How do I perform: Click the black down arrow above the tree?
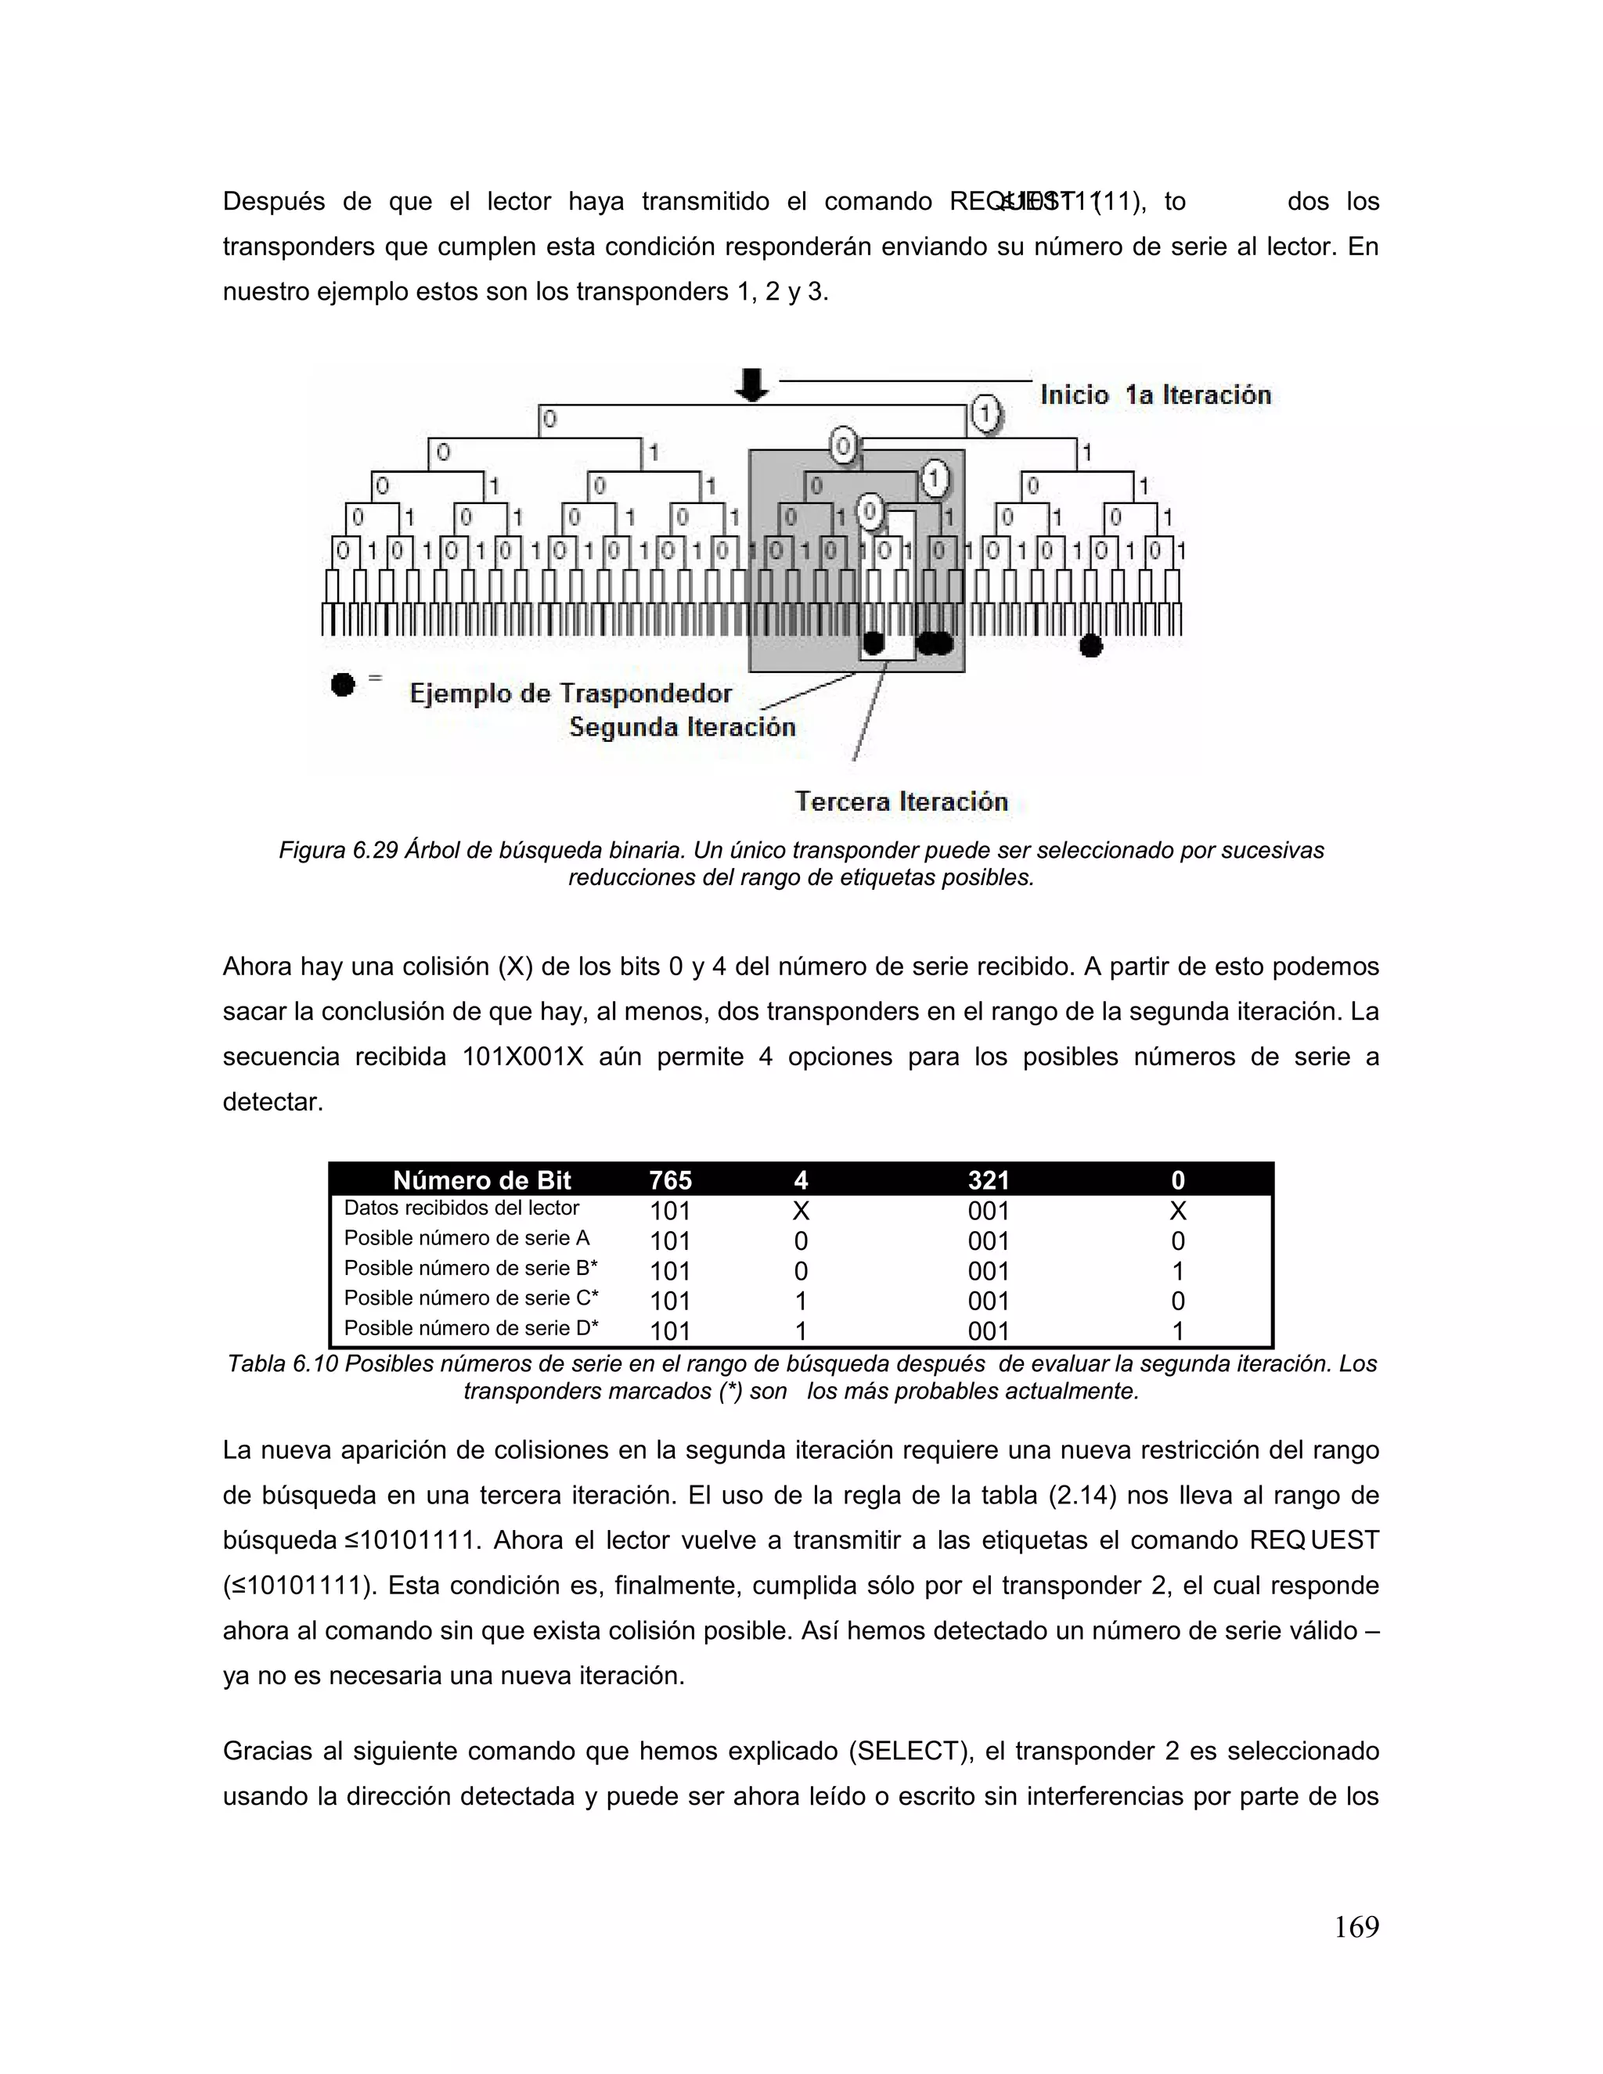(x=752, y=383)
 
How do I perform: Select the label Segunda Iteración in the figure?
(x=682, y=727)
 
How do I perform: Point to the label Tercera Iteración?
(x=900, y=801)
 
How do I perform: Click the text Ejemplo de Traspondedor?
(x=571, y=693)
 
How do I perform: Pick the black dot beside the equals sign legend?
(x=343, y=684)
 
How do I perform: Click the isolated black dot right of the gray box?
(x=1091, y=646)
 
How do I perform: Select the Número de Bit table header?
(x=481, y=1180)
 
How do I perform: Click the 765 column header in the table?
(x=671, y=1180)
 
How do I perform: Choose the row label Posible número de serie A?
(x=466, y=1238)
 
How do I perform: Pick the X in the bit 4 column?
(x=801, y=1211)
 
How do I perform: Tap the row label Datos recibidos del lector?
(x=462, y=1208)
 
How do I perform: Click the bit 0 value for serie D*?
(x=1177, y=1330)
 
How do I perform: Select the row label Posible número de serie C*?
(x=471, y=1298)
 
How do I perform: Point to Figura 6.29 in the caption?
(x=337, y=851)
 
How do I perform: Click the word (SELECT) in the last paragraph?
(x=910, y=1751)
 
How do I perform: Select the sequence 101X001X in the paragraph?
(x=522, y=1057)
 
